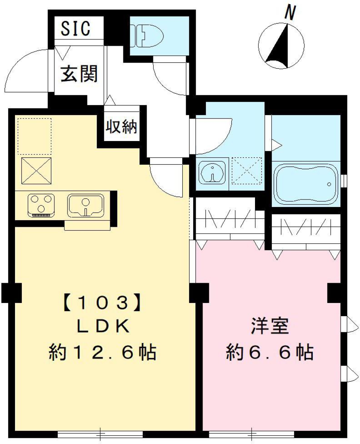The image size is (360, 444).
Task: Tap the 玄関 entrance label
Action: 79,73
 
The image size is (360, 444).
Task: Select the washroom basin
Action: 213,173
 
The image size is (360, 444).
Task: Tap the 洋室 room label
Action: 270,327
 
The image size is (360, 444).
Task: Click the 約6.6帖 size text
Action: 270,352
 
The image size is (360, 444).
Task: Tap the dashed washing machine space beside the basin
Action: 246,171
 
